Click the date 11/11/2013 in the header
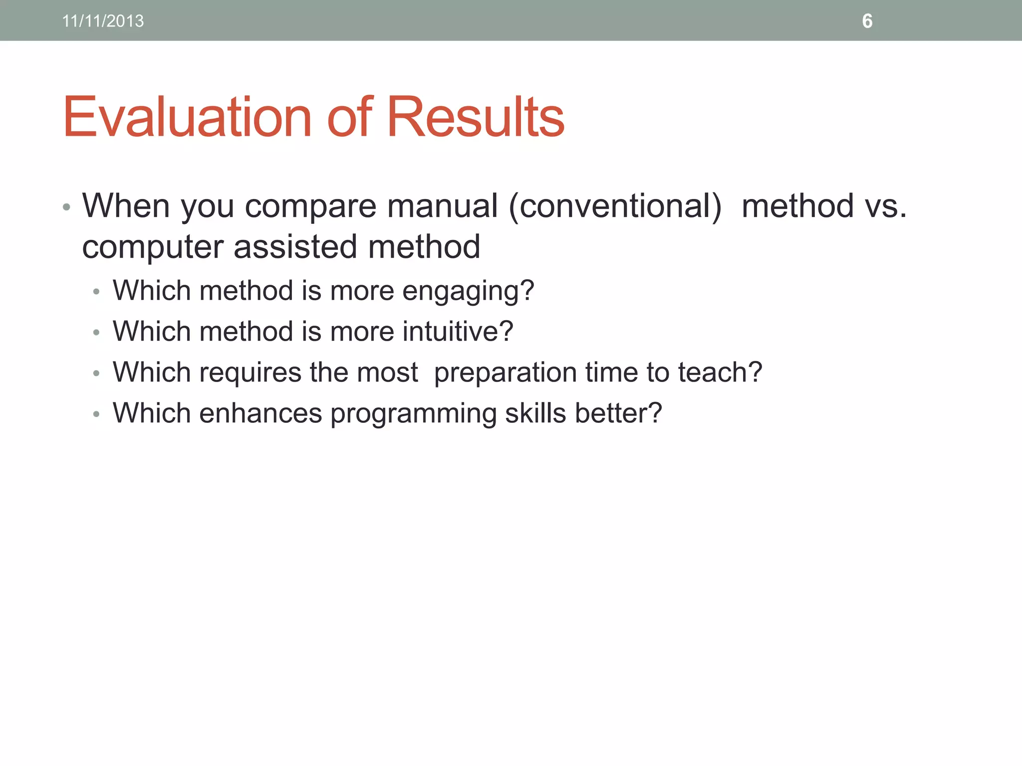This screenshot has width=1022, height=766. click(x=103, y=21)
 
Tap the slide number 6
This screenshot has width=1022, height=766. click(x=867, y=21)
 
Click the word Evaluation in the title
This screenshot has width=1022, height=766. click(x=187, y=117)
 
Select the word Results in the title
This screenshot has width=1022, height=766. click(x=475, y=117)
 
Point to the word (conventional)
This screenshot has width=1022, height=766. click(x=615, y=206)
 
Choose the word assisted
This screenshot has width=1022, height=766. click(x=295, y=247)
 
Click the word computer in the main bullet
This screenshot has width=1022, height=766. click(x=153, y=247)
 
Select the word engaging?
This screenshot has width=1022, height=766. click(x=468, y=291)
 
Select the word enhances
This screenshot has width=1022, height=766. click(x=260, y=413)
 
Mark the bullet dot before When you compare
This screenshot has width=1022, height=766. click(x=66, y=207)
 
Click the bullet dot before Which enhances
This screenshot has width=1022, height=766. click(x=96, y=414)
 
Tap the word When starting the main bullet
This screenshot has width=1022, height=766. click(x=126, y=206)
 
